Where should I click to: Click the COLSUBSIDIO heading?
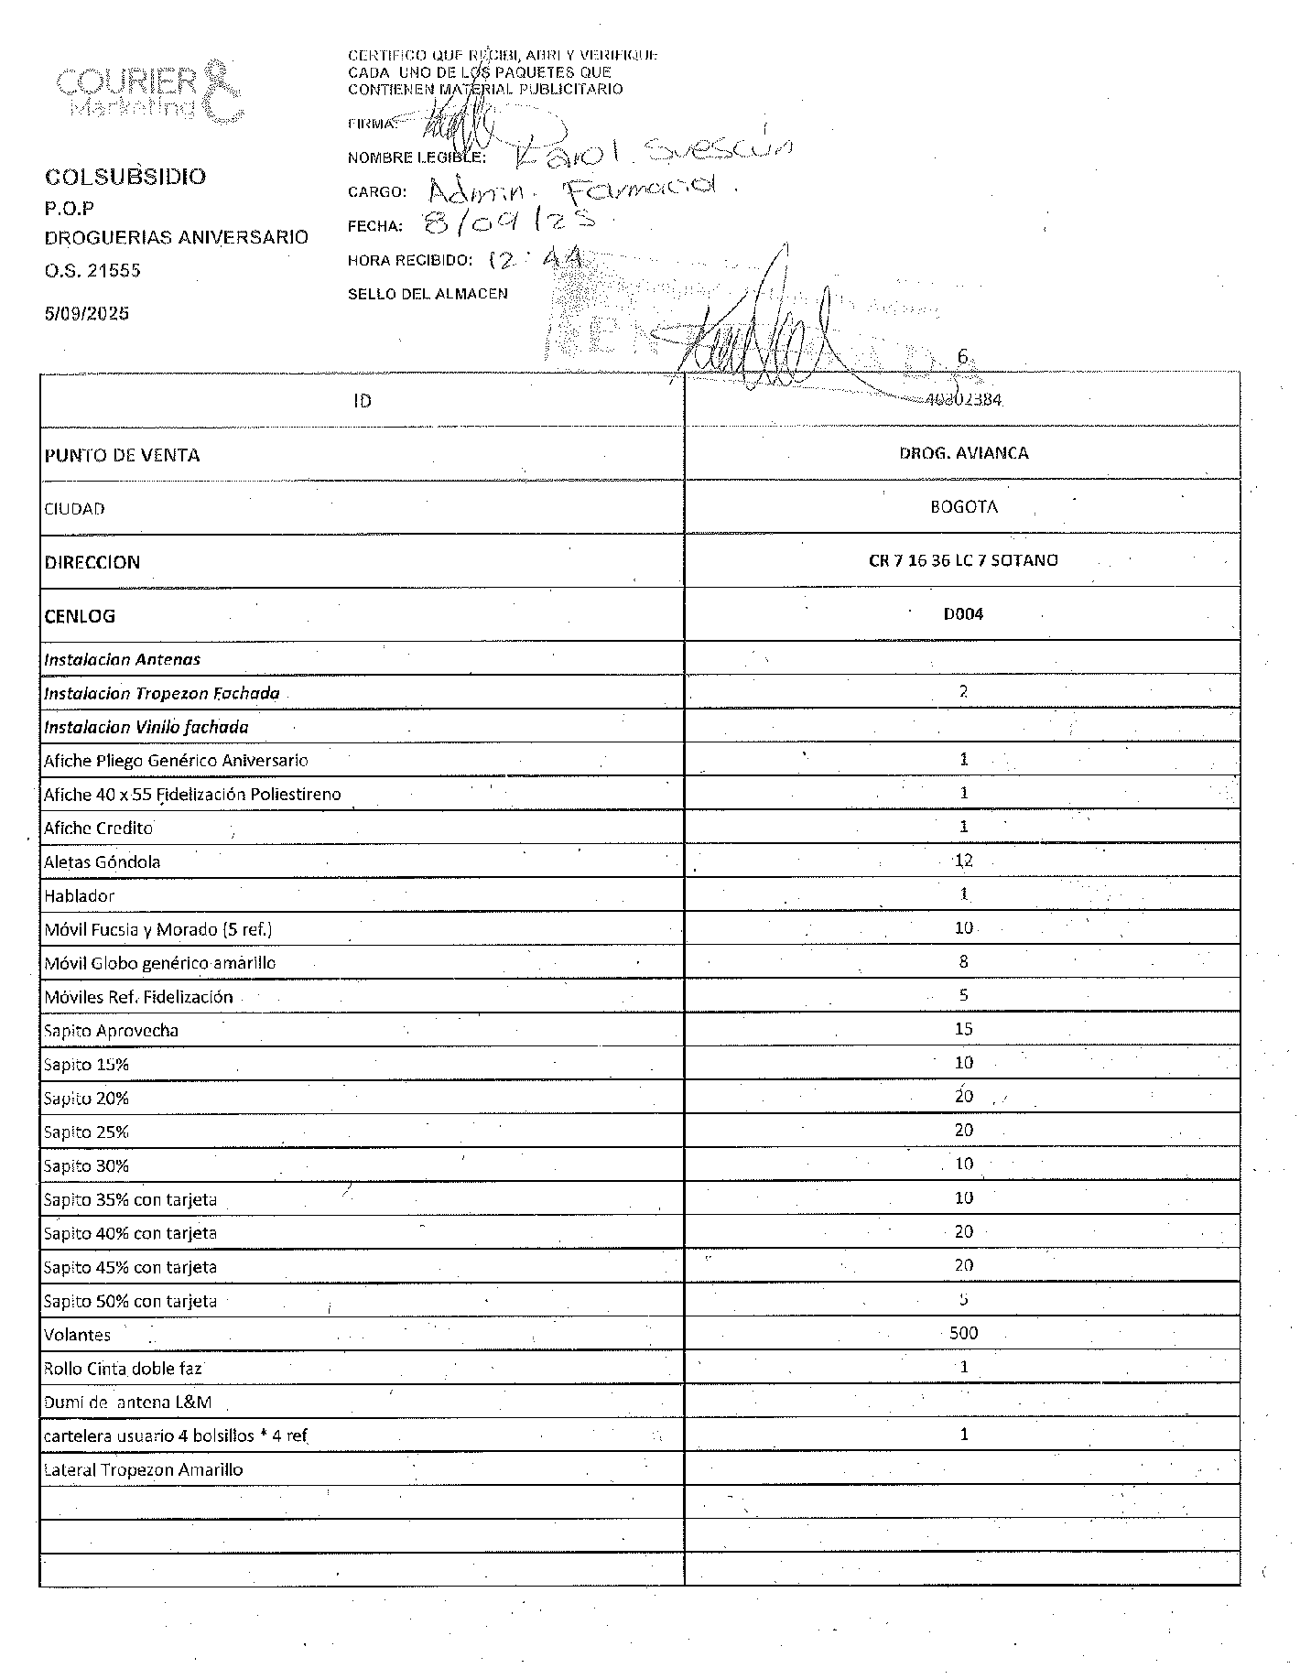(x=125, y=177)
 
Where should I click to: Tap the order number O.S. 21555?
(x=92, y=270)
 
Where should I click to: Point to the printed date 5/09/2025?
(x=87, y=313)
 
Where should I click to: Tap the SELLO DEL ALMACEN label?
(x=428, y=294)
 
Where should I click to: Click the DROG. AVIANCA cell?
(x=963, y=453)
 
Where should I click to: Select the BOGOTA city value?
(x=963, y=507)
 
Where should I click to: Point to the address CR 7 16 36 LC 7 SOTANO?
(x=963, y=560)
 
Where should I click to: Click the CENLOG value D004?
(x=963, y=614)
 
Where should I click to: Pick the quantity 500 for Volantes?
(x=963, y=1333)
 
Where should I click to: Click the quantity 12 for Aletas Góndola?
(x=963, y=861)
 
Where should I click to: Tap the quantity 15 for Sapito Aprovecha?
(x=963, y=1029)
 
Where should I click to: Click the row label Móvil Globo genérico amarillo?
(x=160, y=963)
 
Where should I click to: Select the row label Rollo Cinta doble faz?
(x=123, y=1369)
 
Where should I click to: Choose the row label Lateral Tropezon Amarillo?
(x=143, y=1470)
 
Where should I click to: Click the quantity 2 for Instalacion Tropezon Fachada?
(x=963, y=692)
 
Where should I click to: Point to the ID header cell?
(x=363, y=401)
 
